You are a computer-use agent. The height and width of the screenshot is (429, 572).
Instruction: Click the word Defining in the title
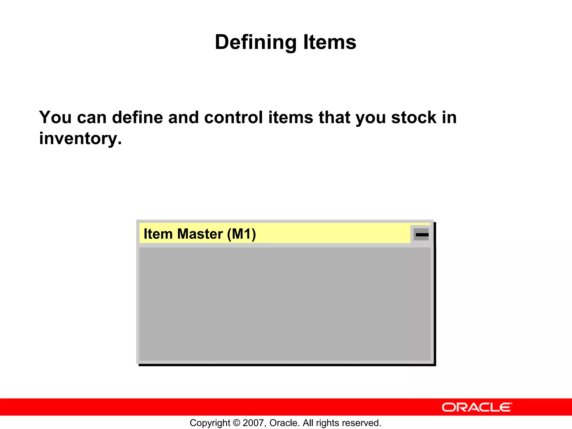point(255,42)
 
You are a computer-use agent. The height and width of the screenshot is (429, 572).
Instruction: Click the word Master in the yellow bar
point(200,234)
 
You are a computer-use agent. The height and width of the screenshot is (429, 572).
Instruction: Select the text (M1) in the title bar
point(242,234)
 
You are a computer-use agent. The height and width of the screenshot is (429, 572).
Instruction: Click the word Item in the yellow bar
point(158,234)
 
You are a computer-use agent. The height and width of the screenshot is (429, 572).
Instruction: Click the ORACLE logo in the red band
point(477,407)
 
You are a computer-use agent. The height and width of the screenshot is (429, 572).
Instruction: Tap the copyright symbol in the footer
point(236,423)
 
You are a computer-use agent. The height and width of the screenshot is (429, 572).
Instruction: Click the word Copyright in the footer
point(210,423)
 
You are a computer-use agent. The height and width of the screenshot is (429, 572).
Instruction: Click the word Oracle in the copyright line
point(284,423)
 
